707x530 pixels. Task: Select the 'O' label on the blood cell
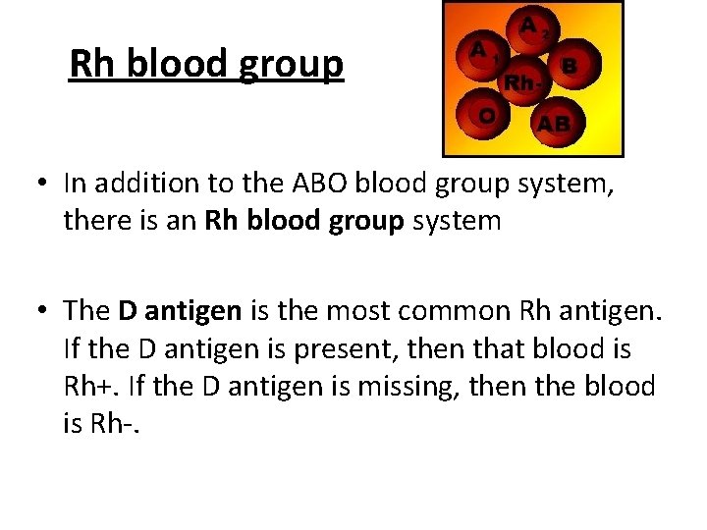pos(486,115)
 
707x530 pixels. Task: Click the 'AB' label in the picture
pos(553,124)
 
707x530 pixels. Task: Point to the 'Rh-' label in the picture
pos(520,83)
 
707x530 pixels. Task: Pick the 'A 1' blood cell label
pos(481,49)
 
